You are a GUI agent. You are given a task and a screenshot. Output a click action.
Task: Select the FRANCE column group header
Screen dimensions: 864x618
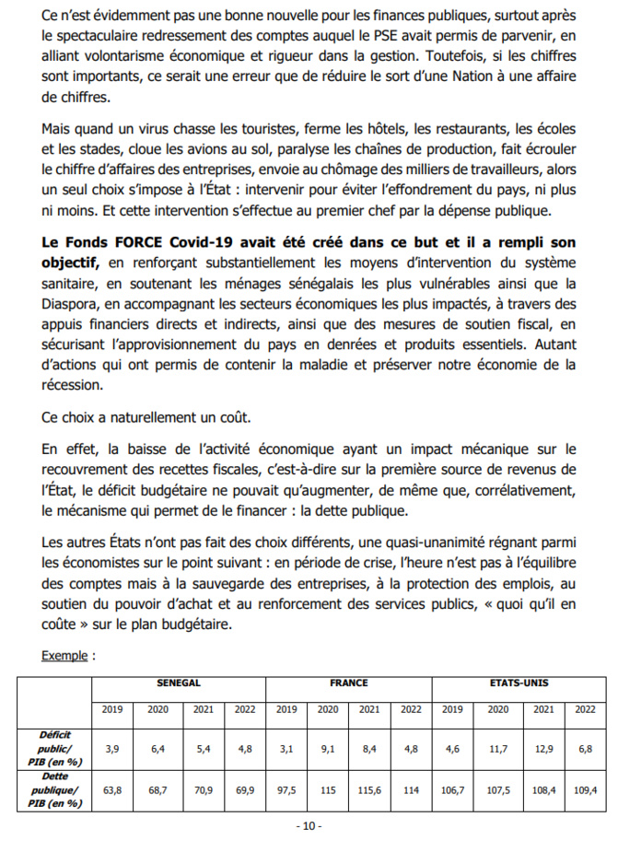[349, 683]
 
